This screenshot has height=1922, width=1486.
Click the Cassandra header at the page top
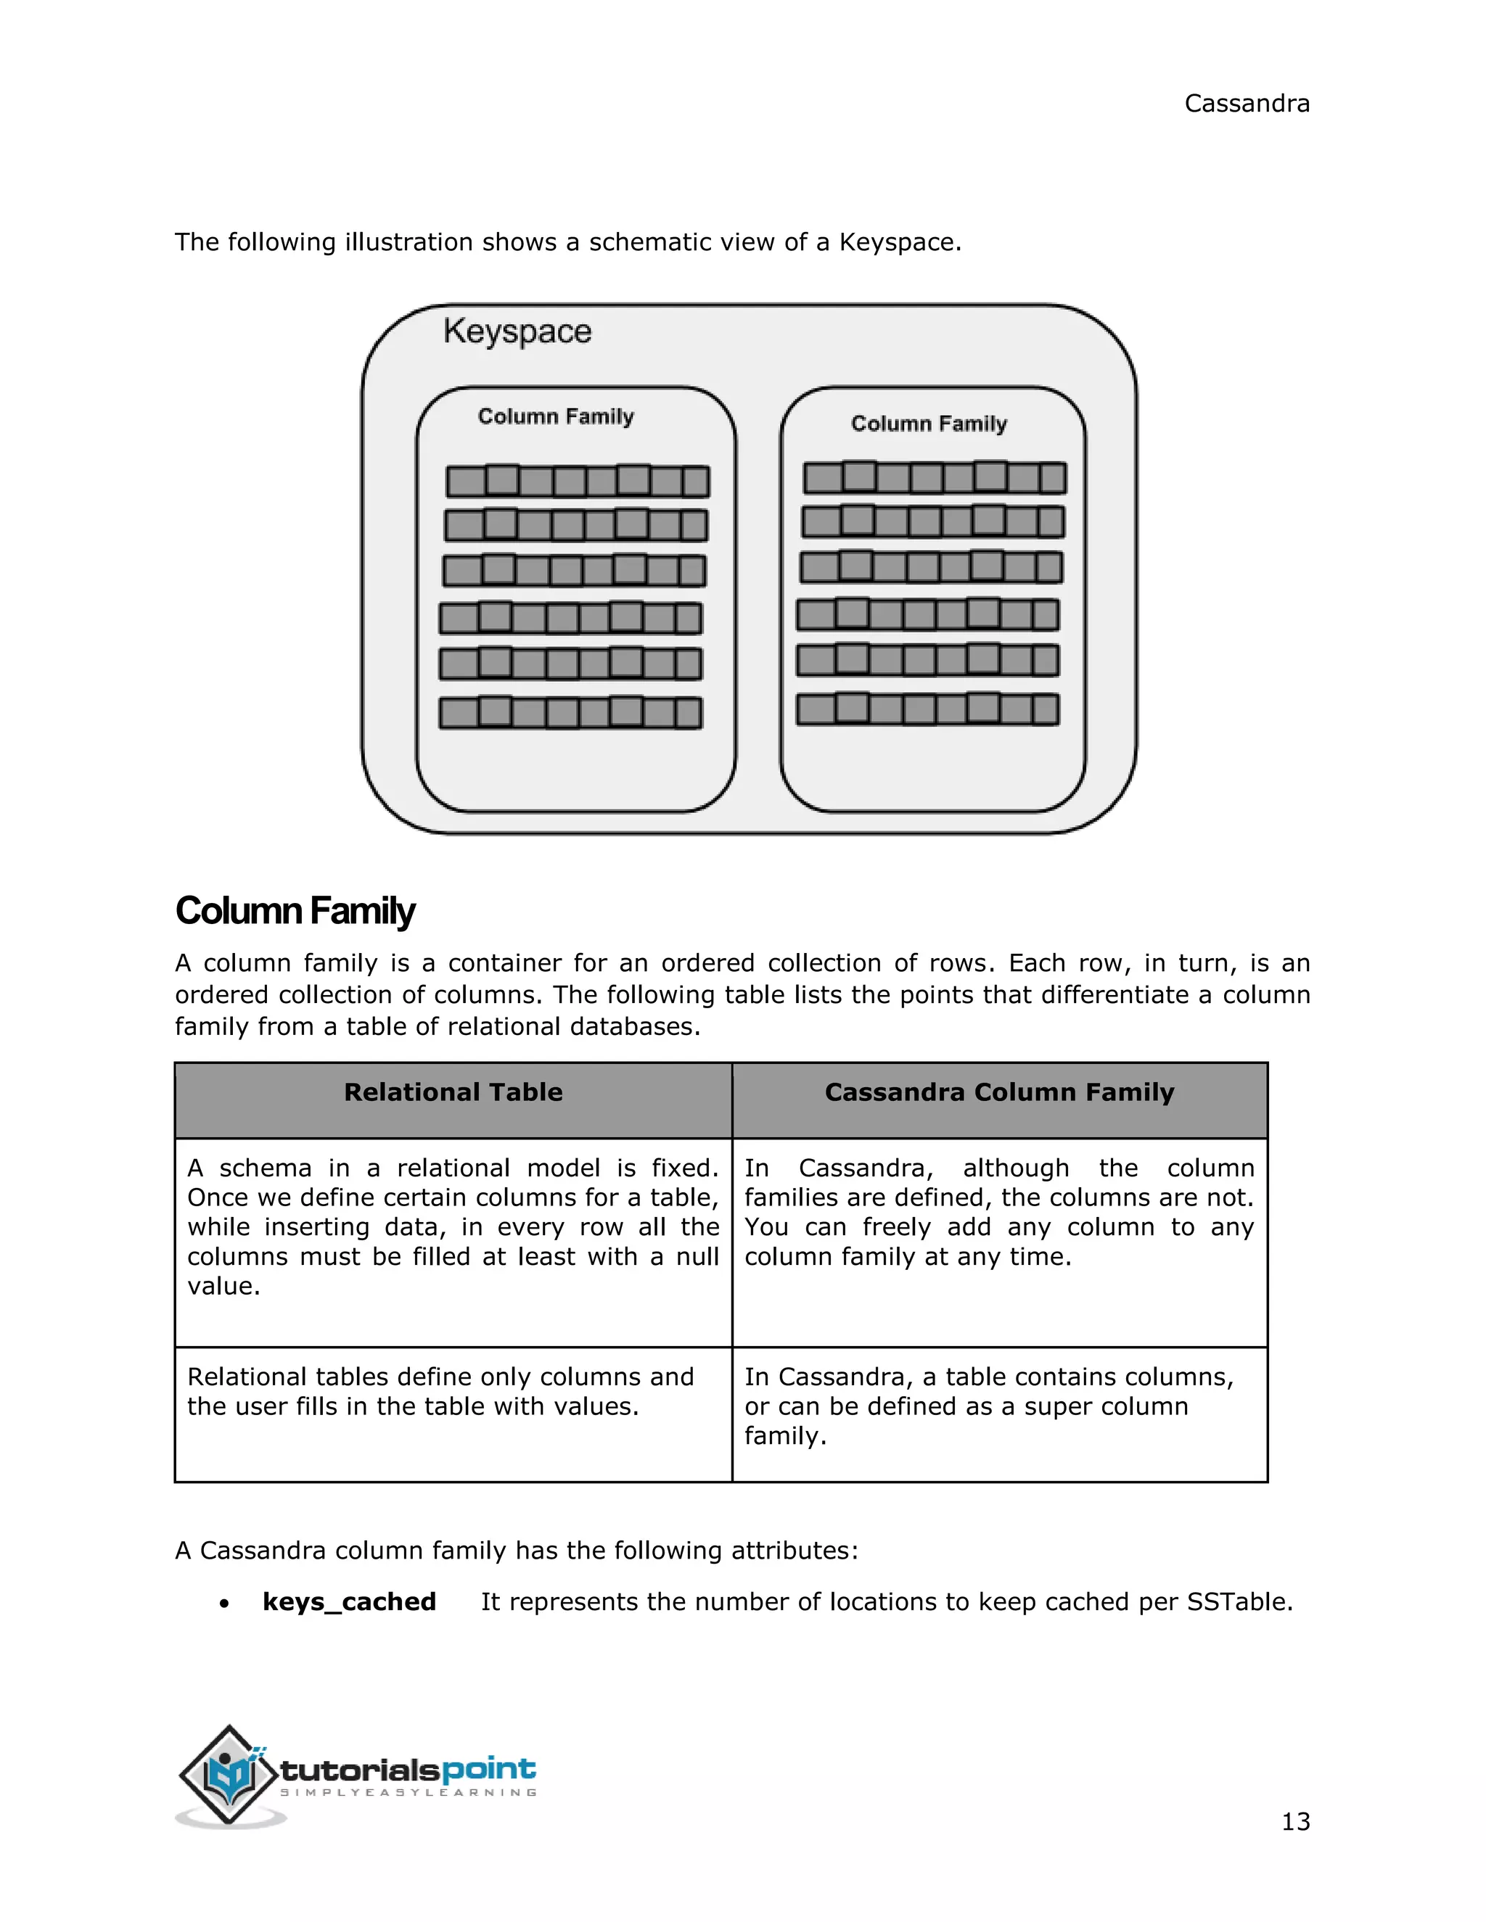(x=1247, y=104)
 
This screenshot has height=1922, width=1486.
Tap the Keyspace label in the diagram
(x=517, y=331)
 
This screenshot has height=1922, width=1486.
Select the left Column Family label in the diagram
(x=556, y=416)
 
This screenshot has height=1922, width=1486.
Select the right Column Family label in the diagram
(x=929, y=424)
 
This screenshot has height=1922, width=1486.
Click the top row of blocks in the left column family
(x=578, y=480)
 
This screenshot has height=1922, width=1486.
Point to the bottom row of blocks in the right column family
(x=928, y=709)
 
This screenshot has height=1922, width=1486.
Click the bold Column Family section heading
(x=295, y=911)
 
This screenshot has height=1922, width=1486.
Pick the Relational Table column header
(x=453, y=1092)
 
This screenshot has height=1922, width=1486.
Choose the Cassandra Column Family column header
(x=999, y=1092)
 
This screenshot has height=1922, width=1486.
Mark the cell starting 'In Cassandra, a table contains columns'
(x=989, y=1406)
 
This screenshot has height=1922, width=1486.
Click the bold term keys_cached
(x=350, y=1601)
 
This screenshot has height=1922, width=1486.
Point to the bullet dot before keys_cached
(x=226, y=1604)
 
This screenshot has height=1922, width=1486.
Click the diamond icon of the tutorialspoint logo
(x=230, y=1773)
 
